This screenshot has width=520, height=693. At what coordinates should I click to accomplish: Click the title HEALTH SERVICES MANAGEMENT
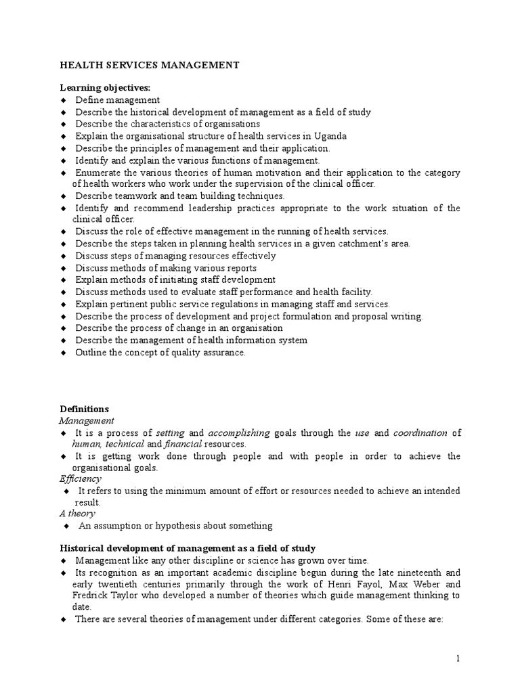pyautogui.click(x=150, y=65)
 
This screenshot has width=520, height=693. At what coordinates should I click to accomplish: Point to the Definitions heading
pyautogui.click(x=84, y=409)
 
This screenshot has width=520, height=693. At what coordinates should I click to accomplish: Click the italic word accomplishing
pyautogui.click(x=239, y=432)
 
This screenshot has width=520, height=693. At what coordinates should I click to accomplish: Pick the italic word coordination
pyautogui.click(x=420, y=432)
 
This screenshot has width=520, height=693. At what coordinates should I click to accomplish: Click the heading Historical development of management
pyautogui.click(x=187, y=548)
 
